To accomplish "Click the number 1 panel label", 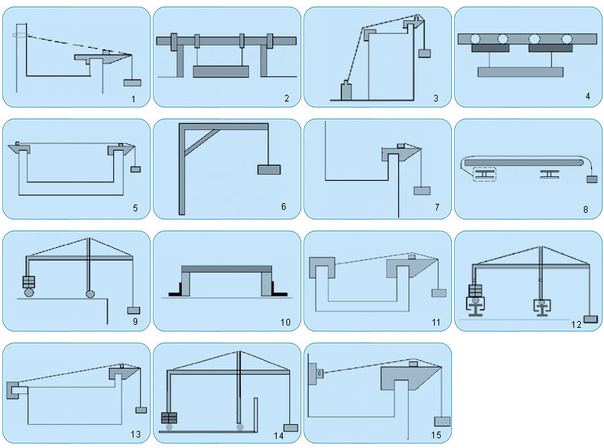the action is click(x=133, y=99).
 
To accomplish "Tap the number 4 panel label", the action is click(x=588, y=96).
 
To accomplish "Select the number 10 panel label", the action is click(x=286, y=323).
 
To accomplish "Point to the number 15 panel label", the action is click(x=436, y=435).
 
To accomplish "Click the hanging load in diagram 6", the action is click(x=269, y=169).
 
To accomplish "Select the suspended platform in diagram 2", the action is click(x=221, y=72).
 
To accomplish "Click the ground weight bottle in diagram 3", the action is click(x=346, y=91).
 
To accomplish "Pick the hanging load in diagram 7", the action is click(x=422, y=190).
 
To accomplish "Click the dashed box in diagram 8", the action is click(x=485, y=175).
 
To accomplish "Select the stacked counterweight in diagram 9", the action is click(x=29, y=282).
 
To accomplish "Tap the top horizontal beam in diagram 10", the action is click(x=227, y=269).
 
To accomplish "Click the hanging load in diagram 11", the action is click(x=438, y=293).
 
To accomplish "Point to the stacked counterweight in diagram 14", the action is click(x=169, y=418).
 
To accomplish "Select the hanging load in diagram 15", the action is click(x=442, y=421).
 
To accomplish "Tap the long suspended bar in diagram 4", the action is click(x=520, y=72).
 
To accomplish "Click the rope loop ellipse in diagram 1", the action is click(x=21, y=36).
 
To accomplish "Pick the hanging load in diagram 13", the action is click(x=142, y=410).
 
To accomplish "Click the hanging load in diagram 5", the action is click(x=136, y=169).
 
